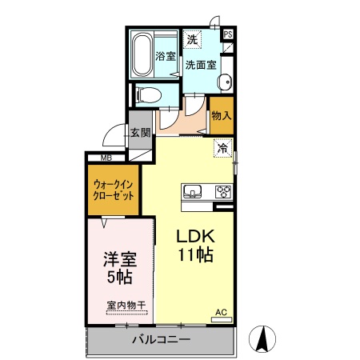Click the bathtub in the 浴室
(146, 54)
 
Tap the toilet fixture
(149, 94)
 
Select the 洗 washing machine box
(192, 38)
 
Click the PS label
(227, 34)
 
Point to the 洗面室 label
(200, 65)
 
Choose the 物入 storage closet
(221, 114)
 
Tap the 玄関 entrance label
(140, 133)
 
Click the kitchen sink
(193, 191)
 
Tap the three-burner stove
(222, 191)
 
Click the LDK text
(194, 237)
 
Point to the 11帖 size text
(194, 256)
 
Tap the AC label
(221, 312)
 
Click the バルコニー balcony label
(160, 339)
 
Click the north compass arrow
(261, 339)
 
